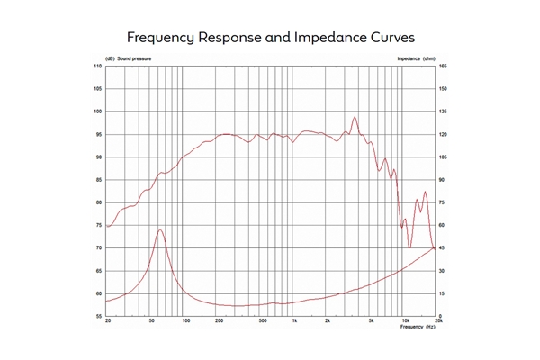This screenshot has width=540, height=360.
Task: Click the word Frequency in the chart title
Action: (159, 39)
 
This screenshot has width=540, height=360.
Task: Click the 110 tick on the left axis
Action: (98, 67)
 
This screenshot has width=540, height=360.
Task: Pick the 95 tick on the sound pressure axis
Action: (99, 135)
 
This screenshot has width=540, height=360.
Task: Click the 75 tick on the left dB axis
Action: (99, 225)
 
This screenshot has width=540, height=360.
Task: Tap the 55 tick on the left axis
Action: (99, 316)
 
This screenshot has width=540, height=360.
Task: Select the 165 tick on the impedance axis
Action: (443, 67)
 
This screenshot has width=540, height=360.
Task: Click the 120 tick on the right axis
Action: (443, 135)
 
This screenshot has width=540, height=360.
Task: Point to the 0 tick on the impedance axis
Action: (439, 316)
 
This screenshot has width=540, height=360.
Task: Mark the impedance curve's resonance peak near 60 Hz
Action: (160, 229)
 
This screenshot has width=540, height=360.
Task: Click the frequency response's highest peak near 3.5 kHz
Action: (355, 116)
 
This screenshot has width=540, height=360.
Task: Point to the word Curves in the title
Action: (388, 39)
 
